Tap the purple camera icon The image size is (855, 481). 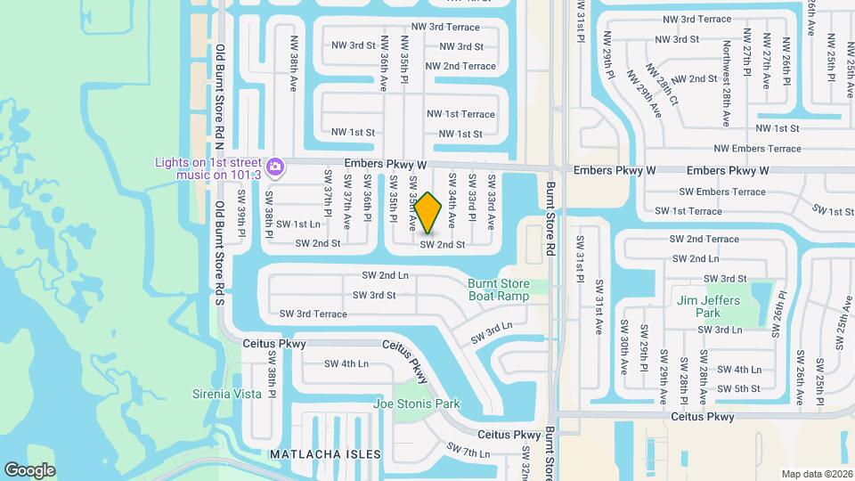(275, 167)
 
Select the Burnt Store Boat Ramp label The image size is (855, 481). (499, 290)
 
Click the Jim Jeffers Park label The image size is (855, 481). (708, 306)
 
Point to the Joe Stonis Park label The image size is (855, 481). (417, 404)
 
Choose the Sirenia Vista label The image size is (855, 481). (227, 394)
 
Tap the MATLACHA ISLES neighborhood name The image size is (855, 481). (325, 454)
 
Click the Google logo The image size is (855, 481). (29, 470)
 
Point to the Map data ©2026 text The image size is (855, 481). (816, 474)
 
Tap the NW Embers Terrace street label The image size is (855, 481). (758, 149)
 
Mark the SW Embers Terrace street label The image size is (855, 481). (722, 192)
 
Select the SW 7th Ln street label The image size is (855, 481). (468, 452)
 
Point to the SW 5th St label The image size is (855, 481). (738, 388)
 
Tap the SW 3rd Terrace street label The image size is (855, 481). (313, 314)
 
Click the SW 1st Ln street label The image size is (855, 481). (297, 224)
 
